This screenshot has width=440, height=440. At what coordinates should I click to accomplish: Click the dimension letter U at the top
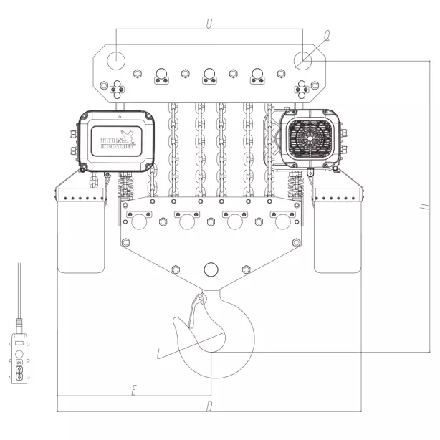click(209, 24)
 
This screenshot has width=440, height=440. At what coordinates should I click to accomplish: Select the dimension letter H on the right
click(424, 206)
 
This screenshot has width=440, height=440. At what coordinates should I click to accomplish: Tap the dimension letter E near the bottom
click(133, 390)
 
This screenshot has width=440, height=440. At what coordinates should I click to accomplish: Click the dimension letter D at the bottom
click(209, 406)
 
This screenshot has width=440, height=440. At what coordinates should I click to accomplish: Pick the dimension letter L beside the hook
click(159, 353)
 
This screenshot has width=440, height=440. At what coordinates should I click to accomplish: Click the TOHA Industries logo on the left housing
click(119, 139)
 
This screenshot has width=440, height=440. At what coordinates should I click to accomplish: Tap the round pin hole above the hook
click(210, 269)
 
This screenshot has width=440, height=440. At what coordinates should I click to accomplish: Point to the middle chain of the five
click(221, 150)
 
